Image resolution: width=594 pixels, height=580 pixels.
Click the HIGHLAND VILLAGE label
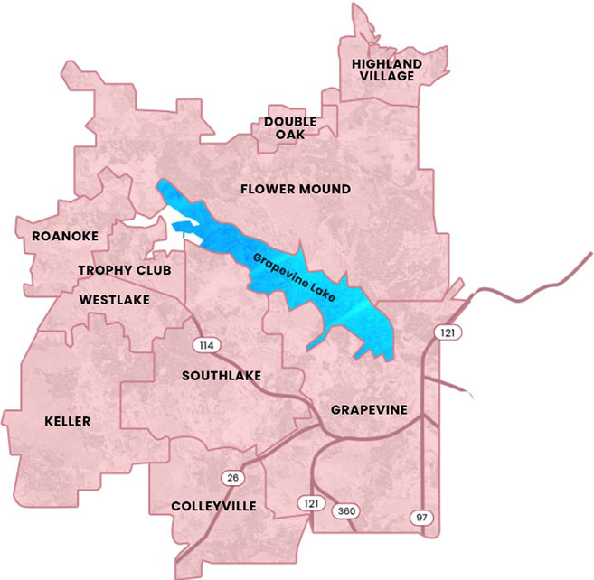coord(387,70)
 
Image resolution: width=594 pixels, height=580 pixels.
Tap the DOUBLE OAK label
coord(290,127)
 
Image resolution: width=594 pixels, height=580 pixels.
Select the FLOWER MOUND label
coord(295,189)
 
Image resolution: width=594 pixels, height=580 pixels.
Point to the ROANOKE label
coord(64,236)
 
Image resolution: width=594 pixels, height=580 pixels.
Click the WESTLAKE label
coord(114,299)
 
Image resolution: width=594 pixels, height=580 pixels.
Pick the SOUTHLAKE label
coord(222,375)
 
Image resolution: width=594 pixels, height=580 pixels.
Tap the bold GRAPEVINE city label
coord(369,409)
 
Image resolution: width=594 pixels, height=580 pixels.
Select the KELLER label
coord(68,421)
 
